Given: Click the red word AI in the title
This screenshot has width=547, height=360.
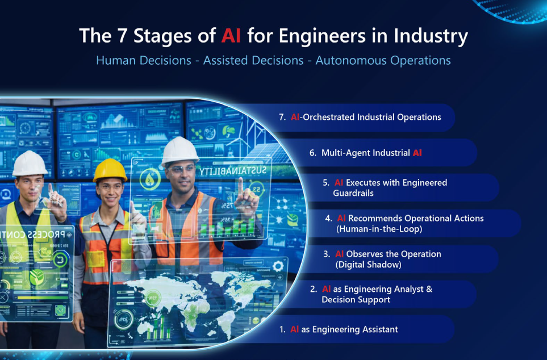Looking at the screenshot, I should (x=231, y=36).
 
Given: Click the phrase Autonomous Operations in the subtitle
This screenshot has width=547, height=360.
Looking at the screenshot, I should (x=383, y=60).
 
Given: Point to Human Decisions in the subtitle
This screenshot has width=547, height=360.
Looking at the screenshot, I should (x=143, y=60).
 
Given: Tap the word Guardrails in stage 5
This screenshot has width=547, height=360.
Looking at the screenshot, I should (x=353, y=193).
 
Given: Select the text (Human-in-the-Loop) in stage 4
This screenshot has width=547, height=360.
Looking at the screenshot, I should (x=379, y=229).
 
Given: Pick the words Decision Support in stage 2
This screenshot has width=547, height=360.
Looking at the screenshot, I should (x=356, y=300).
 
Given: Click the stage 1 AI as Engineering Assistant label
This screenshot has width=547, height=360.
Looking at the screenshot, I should (x=344, y=329).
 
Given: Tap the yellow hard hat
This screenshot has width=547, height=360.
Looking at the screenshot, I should (x=110, y=169).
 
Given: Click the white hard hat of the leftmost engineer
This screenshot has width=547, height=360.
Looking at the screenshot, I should (x=30, y=163).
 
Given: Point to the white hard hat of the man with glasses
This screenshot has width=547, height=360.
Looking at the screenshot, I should (x=180, y=150).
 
